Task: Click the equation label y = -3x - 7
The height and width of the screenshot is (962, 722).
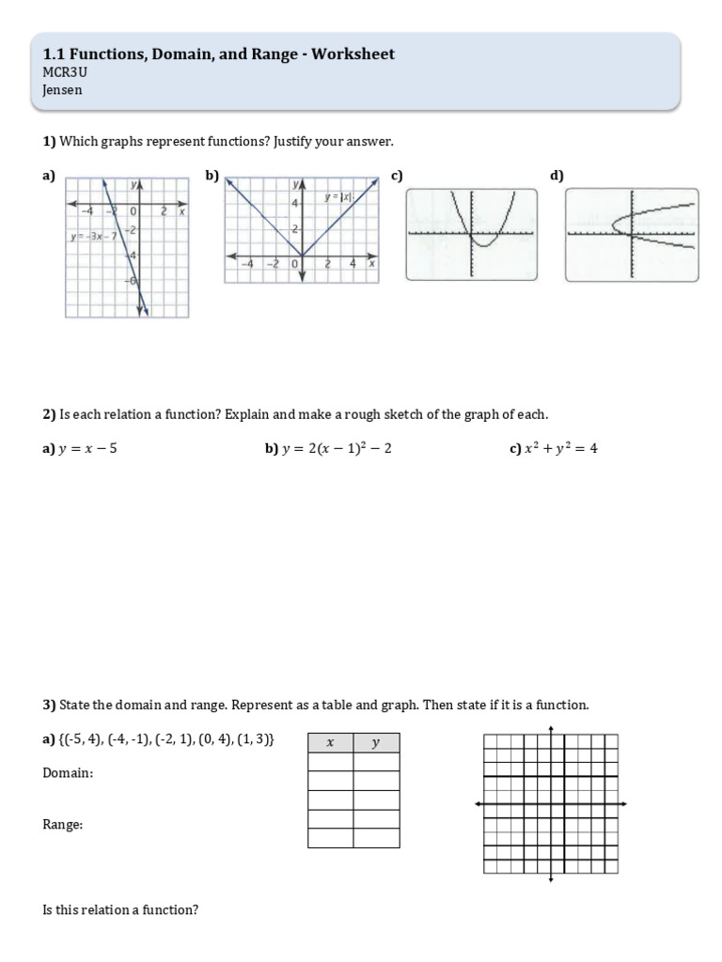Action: [x=93, y=236]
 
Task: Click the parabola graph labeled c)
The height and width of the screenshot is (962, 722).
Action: [x=472, y=234]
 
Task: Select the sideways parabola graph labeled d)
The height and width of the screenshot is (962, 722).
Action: [x=631, y=234]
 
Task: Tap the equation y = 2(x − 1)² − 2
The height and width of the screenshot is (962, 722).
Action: [x=336, y=449]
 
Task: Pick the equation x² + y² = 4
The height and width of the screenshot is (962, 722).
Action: [x=560, y=449]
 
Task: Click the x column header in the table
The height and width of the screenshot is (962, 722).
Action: [x=330, y=742]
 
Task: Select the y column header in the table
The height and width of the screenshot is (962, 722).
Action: [x=375, y=742]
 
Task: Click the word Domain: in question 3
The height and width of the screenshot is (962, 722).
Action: [x=68, y=773]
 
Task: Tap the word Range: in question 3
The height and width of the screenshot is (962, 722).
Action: [x=63, y=824]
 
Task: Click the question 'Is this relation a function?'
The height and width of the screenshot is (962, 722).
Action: [x=120, y=910]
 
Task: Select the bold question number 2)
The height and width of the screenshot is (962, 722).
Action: [x=50, y=414]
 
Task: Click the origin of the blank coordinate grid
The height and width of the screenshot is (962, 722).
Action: [x=551, y=804]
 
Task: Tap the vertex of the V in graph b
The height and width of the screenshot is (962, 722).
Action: [x=302, y=255]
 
